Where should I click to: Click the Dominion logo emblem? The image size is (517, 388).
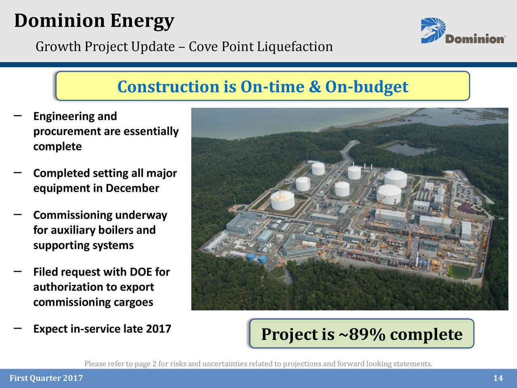pos(433,30)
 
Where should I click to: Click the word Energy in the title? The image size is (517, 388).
pos(142,21)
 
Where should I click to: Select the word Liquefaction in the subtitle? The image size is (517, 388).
pos(295,47)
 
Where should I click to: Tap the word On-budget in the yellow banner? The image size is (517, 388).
pos(366,86)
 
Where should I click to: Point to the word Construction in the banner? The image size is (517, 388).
pos(168,86)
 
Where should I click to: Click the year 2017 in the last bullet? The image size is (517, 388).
pos(158,329)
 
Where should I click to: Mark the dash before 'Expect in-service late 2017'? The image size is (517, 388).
pos(17,329)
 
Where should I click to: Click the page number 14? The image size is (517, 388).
pos(498,378)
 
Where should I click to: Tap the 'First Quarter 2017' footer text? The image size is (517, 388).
pos(46,378)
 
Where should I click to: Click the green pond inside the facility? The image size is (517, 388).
pos(459,271)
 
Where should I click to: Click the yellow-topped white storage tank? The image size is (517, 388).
pos(283,200)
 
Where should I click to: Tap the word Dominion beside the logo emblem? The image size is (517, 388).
pos(475,39)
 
